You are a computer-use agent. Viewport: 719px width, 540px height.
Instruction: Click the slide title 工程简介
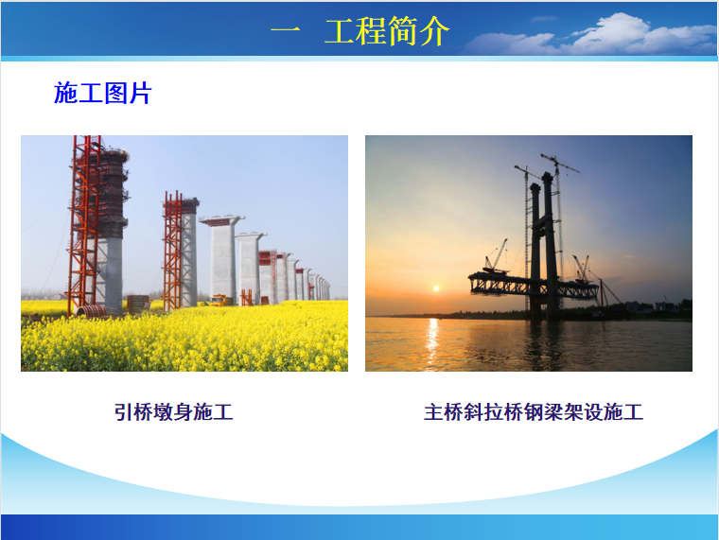(x=387, y=30)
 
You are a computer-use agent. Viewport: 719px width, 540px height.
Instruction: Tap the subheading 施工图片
(x=103, y=93)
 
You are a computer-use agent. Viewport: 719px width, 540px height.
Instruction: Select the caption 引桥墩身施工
(x=174, y=411)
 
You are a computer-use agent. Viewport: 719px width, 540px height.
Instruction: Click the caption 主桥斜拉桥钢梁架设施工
(x=534, y=411)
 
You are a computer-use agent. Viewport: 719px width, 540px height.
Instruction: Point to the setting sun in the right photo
(x=436, y=288)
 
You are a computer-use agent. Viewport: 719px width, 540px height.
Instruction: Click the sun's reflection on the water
(x=431, y=341)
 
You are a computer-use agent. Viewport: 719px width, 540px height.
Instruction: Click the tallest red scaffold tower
(x=83, y=225)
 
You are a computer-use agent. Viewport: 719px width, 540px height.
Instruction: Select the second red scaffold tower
(x=172, y=252)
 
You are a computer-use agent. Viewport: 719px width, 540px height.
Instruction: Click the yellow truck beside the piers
(x=219, y=300)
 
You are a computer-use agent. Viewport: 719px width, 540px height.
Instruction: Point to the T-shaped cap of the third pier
(x=222, y=220)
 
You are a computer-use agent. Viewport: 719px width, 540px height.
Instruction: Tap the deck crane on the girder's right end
(x=582, y=269)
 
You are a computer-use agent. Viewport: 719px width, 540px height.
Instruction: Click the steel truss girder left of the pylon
(x=499, y=285)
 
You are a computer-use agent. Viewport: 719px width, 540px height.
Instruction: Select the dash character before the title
(x=285, y=31)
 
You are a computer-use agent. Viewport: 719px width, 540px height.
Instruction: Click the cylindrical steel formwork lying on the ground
(x=92, y=311)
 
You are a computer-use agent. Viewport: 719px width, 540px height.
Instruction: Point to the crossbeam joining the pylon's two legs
(x=541, y=223)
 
